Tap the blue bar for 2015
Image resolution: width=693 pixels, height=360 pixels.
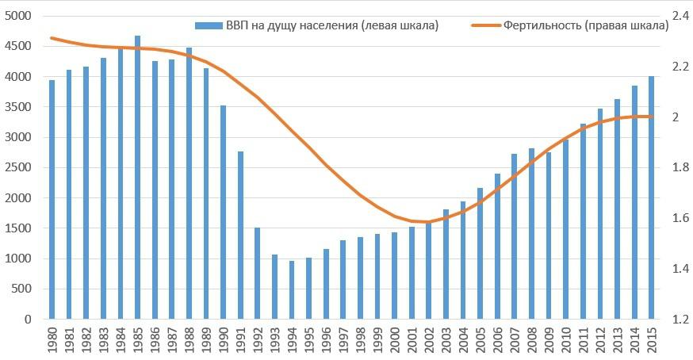click(652, 197)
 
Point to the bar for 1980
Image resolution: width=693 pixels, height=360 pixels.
click(52, 199)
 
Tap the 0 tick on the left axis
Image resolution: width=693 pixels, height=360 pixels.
click(27, 319)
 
